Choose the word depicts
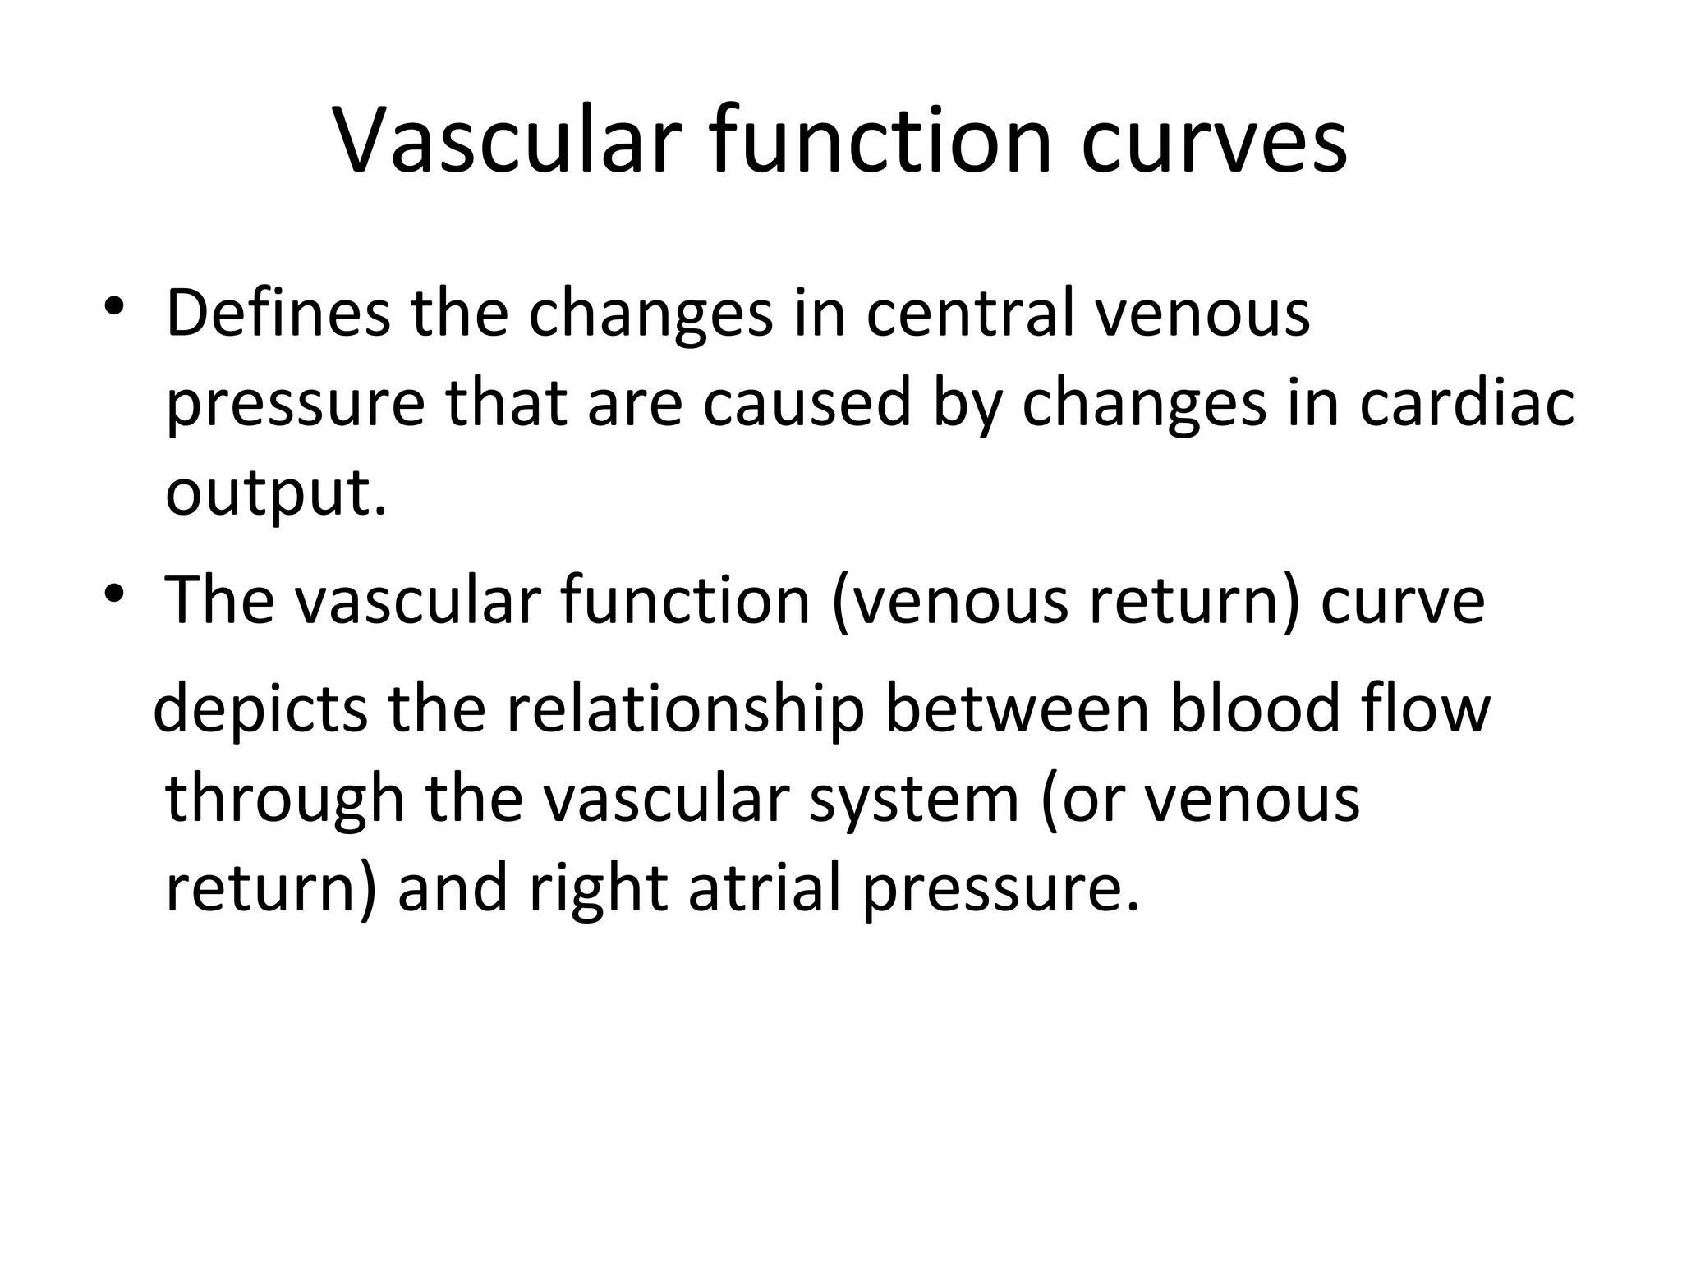coord(260,708)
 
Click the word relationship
coord(684,708)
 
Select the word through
coord(285,799)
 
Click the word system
coord(913,800)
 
